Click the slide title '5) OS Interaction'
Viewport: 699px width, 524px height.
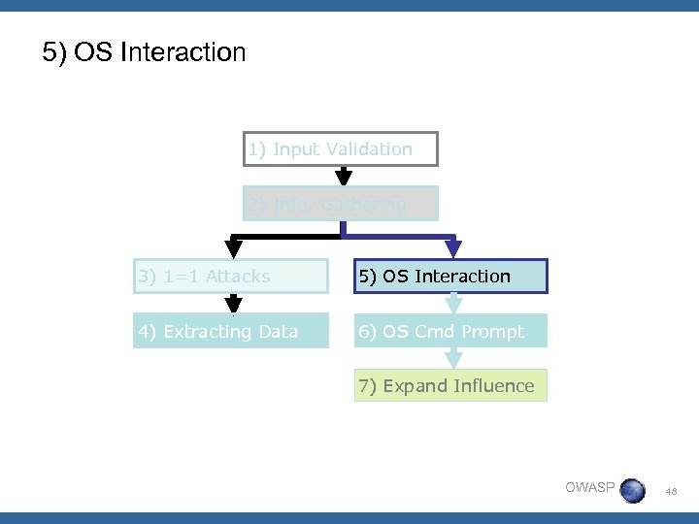pyautogui.click(x=144, y=51)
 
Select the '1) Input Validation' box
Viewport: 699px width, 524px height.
pyautogui.click(x=341, y=149)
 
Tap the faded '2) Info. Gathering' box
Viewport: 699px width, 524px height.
pyautogui.click(x=341, y=204)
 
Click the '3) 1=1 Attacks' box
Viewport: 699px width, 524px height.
pyautogui.click(x=231, y=277)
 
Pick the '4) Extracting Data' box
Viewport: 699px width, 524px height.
pyautogui.click(x=231, y=331)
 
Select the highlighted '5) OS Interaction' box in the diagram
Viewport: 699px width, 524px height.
pyautogui.click(x=450, y=277)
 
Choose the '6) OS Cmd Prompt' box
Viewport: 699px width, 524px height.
pyautogui.click(x=450, y=331)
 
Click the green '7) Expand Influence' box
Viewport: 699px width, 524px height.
pyautogui.click(x=450, y=385)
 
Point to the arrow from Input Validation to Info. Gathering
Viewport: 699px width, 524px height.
pyautogui.click(x=342, y=176)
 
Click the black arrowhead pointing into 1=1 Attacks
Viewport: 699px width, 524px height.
pyautogui.click(x=233, y=248)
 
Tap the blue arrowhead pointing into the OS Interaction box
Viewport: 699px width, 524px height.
pyautogui.click(x=450, y=248)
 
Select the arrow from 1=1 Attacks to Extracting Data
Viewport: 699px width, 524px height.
pyautogui.click(x=233, y=304)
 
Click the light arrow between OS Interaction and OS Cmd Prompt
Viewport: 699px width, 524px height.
pyautogui.click(x=450, y=304)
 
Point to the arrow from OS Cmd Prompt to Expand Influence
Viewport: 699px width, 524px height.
pyautogui.click(x=450, y=358)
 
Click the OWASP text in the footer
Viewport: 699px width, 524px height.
pyautogui.click(x=589, y=487)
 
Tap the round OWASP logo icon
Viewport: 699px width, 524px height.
pyautogui.click(x=632, y=490)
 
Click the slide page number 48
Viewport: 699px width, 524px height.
pyautogui.click(x=672, y=491)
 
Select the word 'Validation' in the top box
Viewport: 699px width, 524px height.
pyautogui.click(x=369, y=149)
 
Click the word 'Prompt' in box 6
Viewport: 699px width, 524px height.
pyautogui.click(x=492, y=331)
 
